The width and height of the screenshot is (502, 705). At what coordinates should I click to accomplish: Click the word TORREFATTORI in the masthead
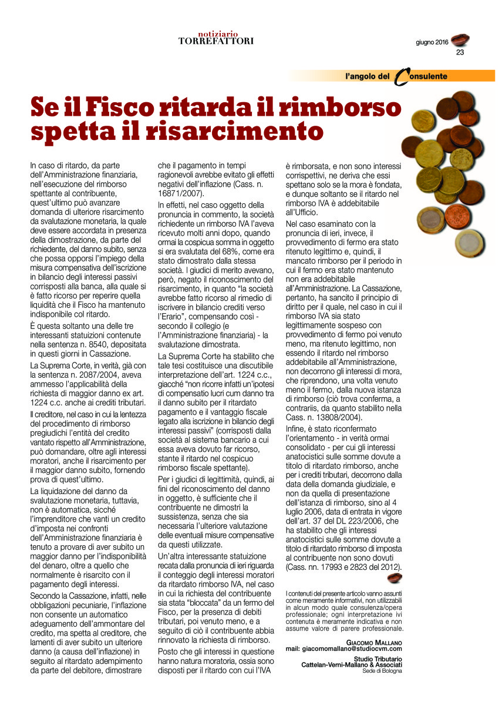(216, 41)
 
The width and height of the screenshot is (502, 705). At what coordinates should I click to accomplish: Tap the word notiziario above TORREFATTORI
(217, 33)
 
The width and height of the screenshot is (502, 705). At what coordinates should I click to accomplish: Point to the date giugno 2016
(432, 42)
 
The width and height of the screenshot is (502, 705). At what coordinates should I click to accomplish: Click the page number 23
(460, 52)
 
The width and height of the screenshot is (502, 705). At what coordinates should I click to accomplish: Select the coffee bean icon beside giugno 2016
(459, 40)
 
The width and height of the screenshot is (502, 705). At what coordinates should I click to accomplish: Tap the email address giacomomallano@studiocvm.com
(352, 649)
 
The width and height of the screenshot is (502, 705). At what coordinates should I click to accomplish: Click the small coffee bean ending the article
(395, 579)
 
